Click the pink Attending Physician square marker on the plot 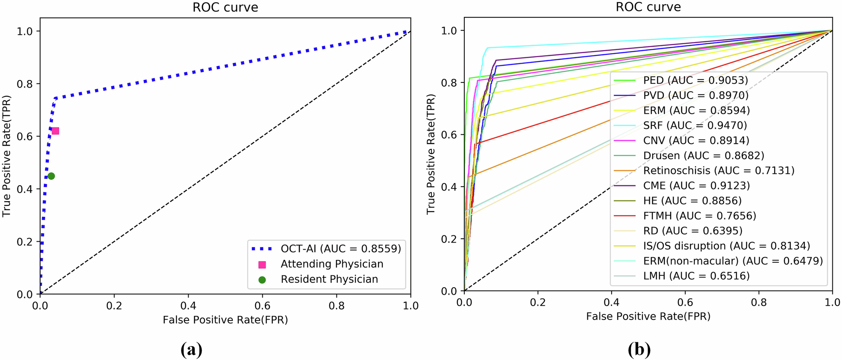55,131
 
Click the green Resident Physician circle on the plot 51,176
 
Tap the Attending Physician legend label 332,264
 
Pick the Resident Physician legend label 329,279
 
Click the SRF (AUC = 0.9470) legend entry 695,125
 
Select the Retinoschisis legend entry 718,171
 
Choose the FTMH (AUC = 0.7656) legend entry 699,216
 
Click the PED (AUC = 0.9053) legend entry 695,80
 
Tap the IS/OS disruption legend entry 726,246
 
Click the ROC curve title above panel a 225,8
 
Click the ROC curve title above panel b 648,7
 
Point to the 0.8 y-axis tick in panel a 24,84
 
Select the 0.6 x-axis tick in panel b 685,302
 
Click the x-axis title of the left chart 225,320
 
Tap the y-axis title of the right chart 430,154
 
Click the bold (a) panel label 192,349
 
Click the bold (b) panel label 639,349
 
